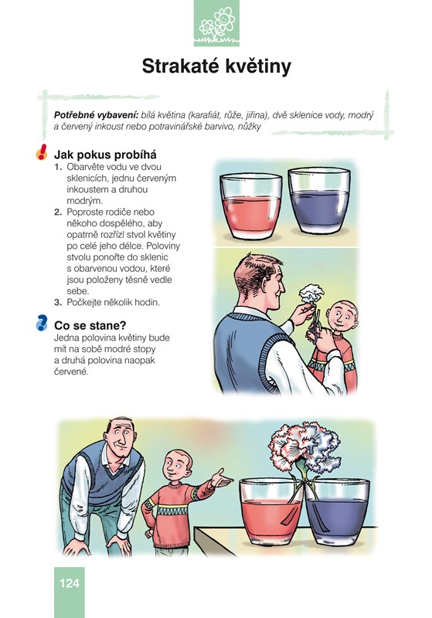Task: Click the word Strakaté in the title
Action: click(180, 66)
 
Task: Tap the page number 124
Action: click(70, 583)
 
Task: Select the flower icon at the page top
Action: click(217, 23)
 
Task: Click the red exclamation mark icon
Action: click(42, 152)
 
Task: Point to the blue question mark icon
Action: click(42, 322)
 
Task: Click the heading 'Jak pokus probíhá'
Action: click(105, 155)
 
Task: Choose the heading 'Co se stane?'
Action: click(90, 325)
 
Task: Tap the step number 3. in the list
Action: click(58, 303)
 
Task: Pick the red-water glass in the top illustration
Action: click(250, 206)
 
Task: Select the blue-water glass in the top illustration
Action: click(319, 200)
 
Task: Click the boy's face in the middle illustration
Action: click(342, 316)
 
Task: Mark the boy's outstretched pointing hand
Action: click(221, 478)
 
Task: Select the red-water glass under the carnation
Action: click(271, 511)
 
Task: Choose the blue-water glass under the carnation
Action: click(338, 511)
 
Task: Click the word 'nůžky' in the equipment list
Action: click(249, 127)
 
